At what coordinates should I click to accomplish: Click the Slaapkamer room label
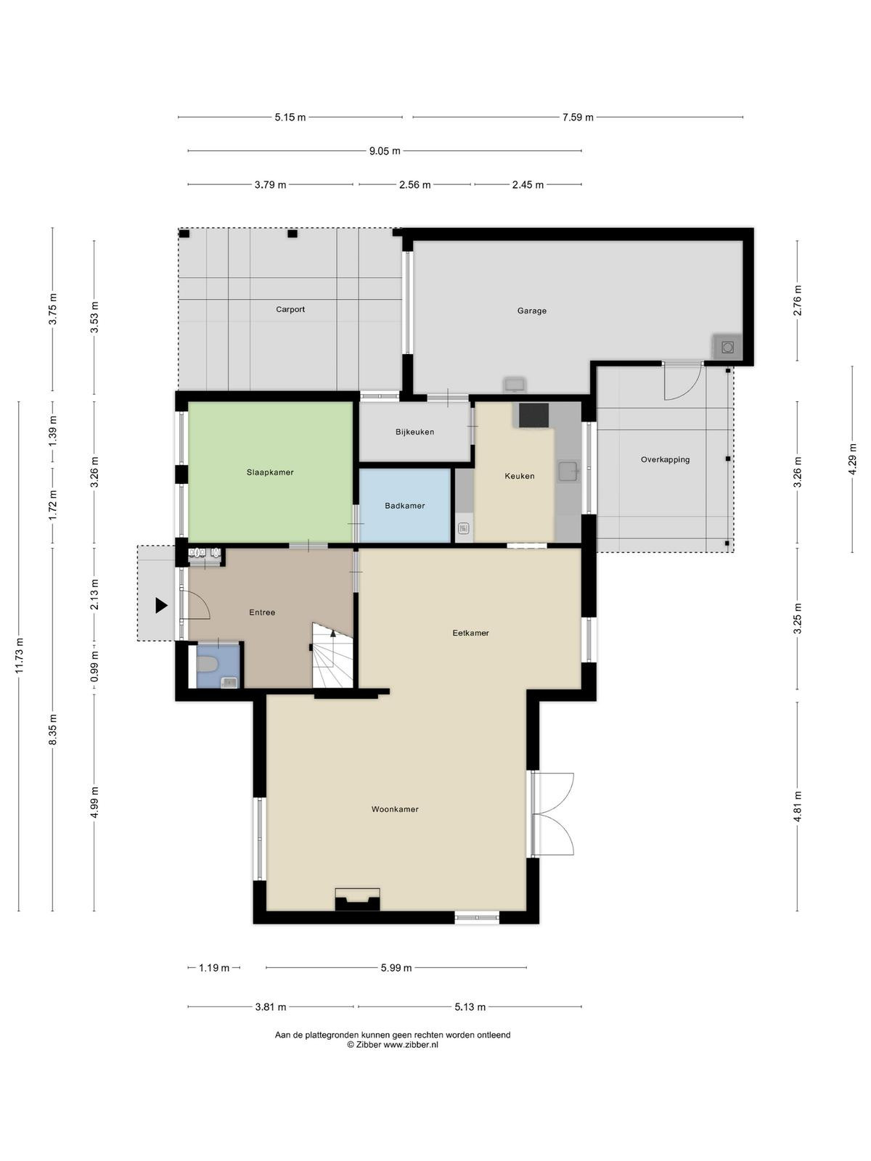pyautogui.click(x=270, y=472)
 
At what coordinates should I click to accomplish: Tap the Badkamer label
pyautogui.click(x=404, y=506)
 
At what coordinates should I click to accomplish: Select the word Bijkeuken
pyautogui.click(x=414, y=432)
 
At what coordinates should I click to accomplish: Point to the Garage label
pyautogui.click(x=531, y=311)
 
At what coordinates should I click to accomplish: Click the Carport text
pyautogui.click(x=290, y=309)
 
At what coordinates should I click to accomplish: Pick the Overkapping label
pyautogui.click(x=665, y=459)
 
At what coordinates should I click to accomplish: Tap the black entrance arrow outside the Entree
pyautogui.click(x=161, y=605)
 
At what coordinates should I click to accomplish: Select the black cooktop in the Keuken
pyautogui.click(x=533, y=415)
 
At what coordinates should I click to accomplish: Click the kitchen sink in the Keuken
pyautogui.click(x=568, y=471)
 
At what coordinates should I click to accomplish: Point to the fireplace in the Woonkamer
pyautogui.click(x=358, y=899)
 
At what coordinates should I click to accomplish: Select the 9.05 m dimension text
pyautogui.click(x=385, y=151)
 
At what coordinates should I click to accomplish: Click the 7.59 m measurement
pyautogui.click(x=578, y=118)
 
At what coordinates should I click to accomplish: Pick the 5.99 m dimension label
pyautogui.click(x=396, y=968)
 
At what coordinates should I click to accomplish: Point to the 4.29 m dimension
pyautogui.click(x=852, y=459)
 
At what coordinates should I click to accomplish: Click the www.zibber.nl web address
pyautogui.click(x=411, y=1045)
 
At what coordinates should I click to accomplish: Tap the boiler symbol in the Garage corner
pyautogui.click(x=728, y=348)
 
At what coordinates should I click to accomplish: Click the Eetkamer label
pyautogui.click(x=470, y=633)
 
